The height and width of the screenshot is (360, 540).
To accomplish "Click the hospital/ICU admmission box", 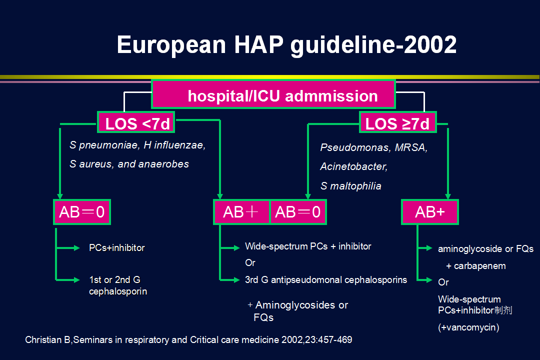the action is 273,94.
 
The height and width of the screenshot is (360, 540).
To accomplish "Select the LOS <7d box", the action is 136,122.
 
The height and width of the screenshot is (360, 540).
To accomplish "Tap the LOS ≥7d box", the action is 398,122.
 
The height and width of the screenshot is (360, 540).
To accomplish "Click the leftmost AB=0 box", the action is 82,212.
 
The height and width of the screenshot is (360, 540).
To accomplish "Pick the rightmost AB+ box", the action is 430,212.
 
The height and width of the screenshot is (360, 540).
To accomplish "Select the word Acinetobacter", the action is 353,166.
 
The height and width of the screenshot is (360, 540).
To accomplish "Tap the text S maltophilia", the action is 350,186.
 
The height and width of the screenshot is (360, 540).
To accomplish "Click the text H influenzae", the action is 174,145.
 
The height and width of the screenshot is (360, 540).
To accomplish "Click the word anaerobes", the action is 163,164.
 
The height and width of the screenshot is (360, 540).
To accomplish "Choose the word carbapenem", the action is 479,266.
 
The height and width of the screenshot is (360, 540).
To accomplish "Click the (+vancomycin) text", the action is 468,327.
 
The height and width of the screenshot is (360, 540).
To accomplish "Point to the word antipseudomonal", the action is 306,279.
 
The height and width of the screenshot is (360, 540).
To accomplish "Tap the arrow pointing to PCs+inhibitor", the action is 68,247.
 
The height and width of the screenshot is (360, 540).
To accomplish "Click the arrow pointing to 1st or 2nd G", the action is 68,279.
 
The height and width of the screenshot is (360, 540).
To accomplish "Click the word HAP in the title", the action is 259,45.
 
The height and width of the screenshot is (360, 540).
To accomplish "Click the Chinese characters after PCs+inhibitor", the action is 503,310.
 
